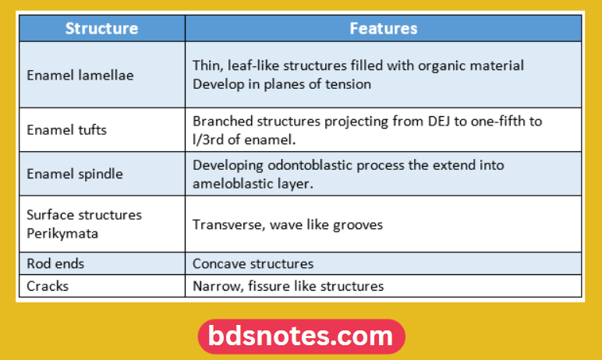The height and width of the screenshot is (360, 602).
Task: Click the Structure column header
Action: click(101, 29)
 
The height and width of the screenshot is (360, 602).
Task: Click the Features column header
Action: click(383, 29)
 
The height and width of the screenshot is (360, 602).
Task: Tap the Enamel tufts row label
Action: click(66, 129)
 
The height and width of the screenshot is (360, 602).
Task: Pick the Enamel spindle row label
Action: click(74, 174)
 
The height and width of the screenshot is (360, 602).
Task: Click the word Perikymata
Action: click(60, 231)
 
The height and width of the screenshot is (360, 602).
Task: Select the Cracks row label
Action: click(48, 286)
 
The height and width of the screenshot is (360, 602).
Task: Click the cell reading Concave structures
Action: click(253, 264)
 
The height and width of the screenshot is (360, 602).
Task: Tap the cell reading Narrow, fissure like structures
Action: click(288, 286)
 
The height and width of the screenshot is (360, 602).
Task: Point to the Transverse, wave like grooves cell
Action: click(287, 224)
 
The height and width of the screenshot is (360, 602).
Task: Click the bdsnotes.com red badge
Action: click(301, 337)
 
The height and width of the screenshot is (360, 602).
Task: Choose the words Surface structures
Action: click(84, 215)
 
